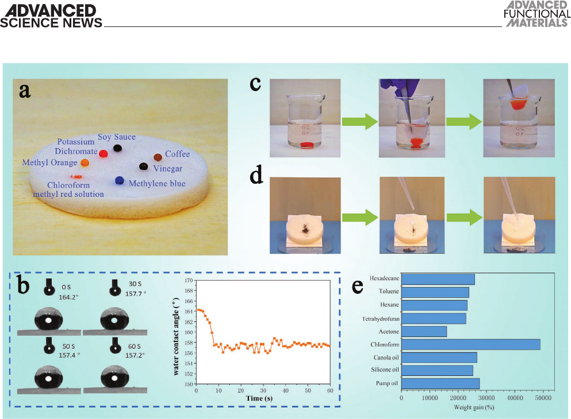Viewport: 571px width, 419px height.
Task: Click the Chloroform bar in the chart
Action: tap(470, 344)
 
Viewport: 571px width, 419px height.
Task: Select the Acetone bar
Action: tap(424, 331)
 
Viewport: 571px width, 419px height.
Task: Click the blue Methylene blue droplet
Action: tap(120, 180)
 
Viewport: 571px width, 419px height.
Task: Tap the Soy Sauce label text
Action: tap(116, 137)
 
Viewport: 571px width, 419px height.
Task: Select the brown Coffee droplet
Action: tap(158, 157)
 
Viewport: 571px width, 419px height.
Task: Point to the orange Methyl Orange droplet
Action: tap(85, 163)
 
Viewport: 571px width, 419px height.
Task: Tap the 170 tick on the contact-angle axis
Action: tap(188, 281)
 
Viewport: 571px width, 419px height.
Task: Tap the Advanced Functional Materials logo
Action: tap(536, 14)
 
